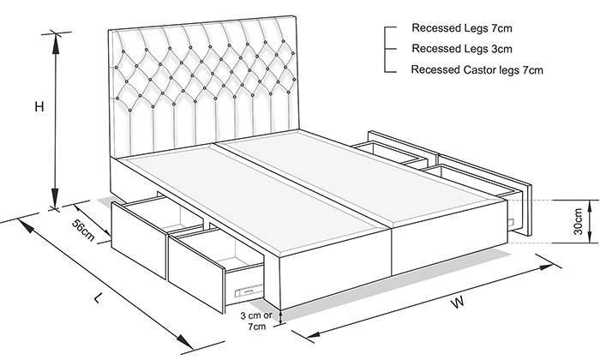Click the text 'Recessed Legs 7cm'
click(x=461, y=28)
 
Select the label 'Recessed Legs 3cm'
click(x=461, y=49)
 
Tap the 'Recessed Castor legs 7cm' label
click(x=477, y=70)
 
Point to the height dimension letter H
click(x=39, y=107)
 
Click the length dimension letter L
click(x=99, y=297)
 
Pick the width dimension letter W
click(x=457, y=303)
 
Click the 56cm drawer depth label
click(x=83, y=230)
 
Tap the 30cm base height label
click(x=578, y=221)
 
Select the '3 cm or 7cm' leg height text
click(x=256, y=321)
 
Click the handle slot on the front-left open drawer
click(x=249, y=291)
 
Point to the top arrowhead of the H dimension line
click(x=56, y=42)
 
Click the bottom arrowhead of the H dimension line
click(x=56, y=199)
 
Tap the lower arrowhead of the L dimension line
click(x=184, y=340)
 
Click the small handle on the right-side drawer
click(x=512, y=222)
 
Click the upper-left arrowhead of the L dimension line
click(x=25, y=225)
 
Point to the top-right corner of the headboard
click(x=296, y=15)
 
